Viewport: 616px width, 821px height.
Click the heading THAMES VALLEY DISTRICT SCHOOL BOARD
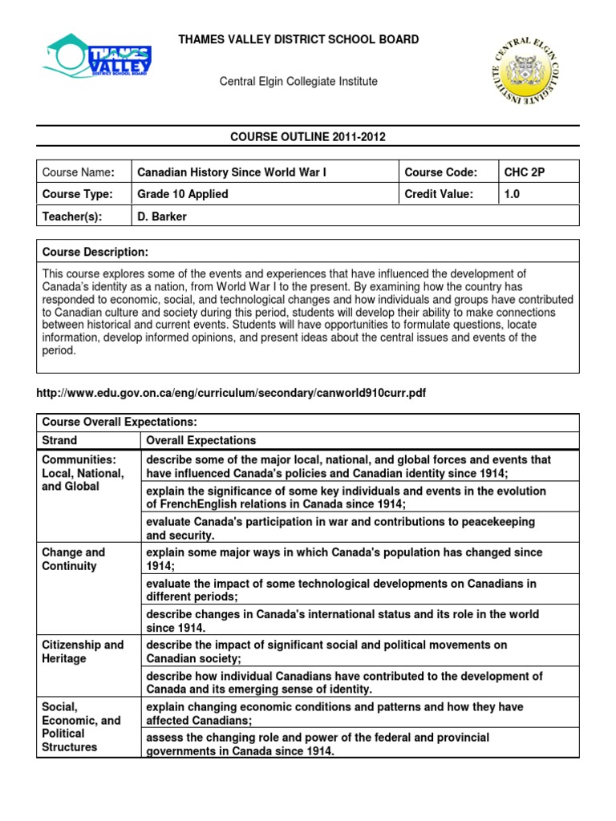298,39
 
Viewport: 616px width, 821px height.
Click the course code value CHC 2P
524,172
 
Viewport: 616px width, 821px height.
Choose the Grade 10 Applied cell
183,194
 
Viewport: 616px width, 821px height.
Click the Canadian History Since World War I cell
232,172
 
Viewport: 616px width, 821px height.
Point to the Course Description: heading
95,252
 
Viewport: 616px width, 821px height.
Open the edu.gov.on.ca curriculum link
226,394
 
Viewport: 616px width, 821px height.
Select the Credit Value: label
439,194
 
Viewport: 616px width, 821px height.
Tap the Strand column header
59,440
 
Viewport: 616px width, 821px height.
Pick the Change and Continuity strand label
74,559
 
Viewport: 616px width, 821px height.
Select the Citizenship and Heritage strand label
83,651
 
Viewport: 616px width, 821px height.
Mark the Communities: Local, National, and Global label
83,473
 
